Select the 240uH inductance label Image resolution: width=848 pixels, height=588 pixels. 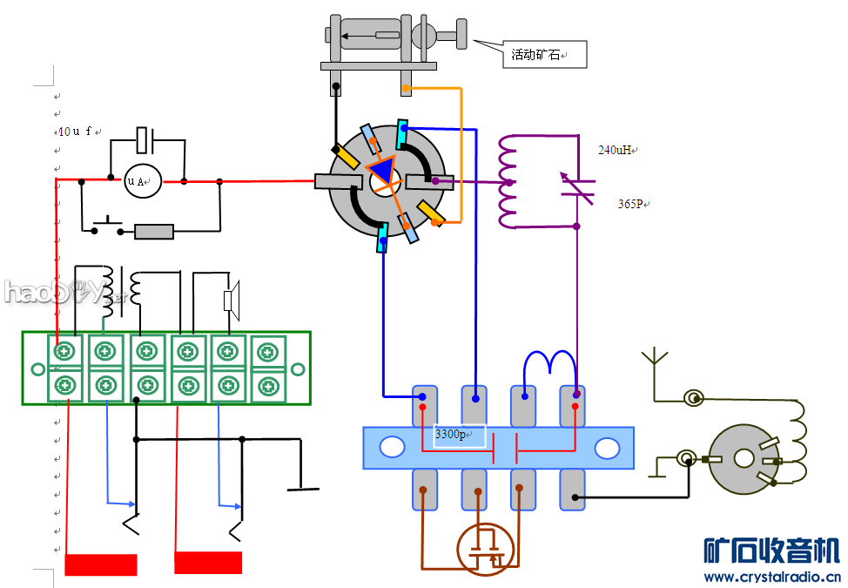pos(615,150)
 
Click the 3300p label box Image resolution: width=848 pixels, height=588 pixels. pos(460,435)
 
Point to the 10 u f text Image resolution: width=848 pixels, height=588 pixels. pos(75,132)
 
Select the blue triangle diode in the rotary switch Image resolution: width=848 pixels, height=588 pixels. pos(382,170)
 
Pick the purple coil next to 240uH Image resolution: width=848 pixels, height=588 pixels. pos(508,180)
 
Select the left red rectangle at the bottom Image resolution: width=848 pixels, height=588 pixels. pos(101,564)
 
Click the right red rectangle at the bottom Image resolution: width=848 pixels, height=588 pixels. pos(208,563)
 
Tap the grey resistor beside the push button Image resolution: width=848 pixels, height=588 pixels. pos(154,232)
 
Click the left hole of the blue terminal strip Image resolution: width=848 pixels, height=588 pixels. pos(392,448)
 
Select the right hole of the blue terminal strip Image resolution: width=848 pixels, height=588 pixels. pos(606,448)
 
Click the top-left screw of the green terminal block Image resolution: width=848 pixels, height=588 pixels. pos(64,352)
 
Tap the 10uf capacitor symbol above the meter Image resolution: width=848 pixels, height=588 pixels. pos(146,139)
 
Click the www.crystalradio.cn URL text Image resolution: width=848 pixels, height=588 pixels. pos(771,577)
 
